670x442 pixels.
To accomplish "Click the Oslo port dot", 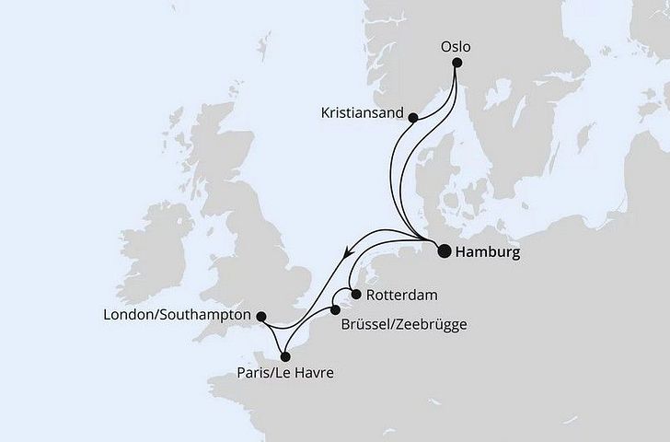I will click(x=456, y=63).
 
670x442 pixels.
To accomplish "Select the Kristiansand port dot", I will click(x=413, y=117).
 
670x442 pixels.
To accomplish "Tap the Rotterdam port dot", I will click(x=355, y=295).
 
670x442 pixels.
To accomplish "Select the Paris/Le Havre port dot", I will click(x=285, y=355).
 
